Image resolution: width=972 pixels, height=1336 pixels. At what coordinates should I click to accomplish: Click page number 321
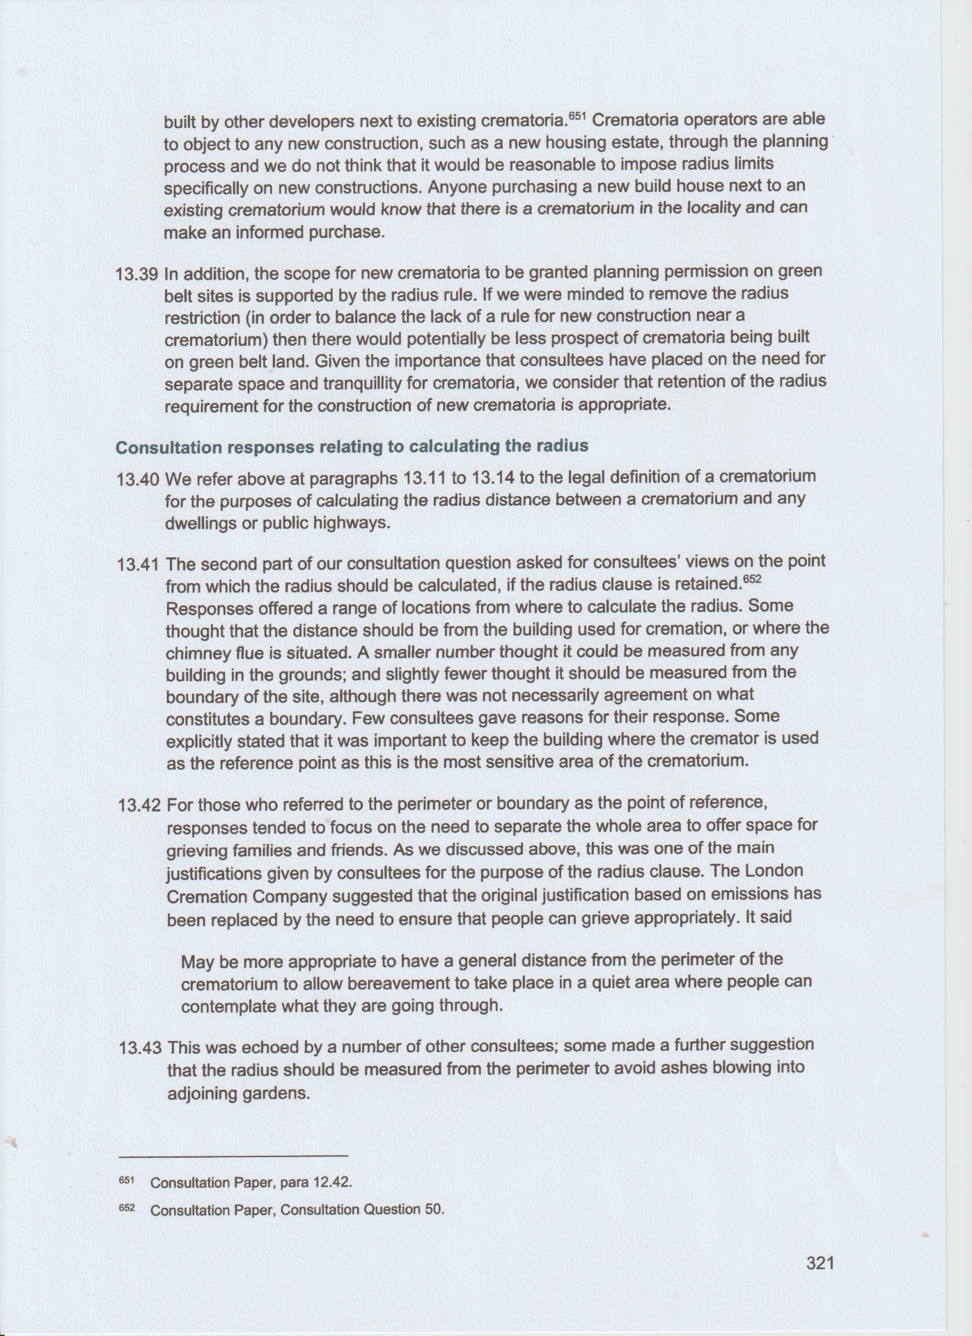pyautogui.click(x=820, y=1262)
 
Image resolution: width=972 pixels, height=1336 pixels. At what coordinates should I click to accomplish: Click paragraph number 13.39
pyautogui.click(x=138, y=273)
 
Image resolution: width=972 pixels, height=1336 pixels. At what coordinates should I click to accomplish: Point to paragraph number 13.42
pyautogui.click(x=140, y=806)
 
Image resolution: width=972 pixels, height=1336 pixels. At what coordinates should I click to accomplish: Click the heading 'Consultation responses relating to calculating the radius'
pyautogui.click(x=352, y=447)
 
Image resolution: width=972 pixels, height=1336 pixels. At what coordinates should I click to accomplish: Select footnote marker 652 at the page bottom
pyautogui.click(x=126, y=1208)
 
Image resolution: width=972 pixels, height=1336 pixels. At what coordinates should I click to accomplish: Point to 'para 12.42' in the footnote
pyautogui.click(x=321, y=1183)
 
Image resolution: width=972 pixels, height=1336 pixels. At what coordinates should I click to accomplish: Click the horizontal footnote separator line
pyautogui.click(x=233, y=1156)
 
